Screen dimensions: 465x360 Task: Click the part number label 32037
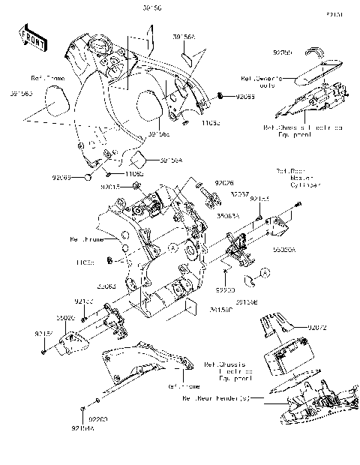239,193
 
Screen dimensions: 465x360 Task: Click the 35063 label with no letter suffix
106,286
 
